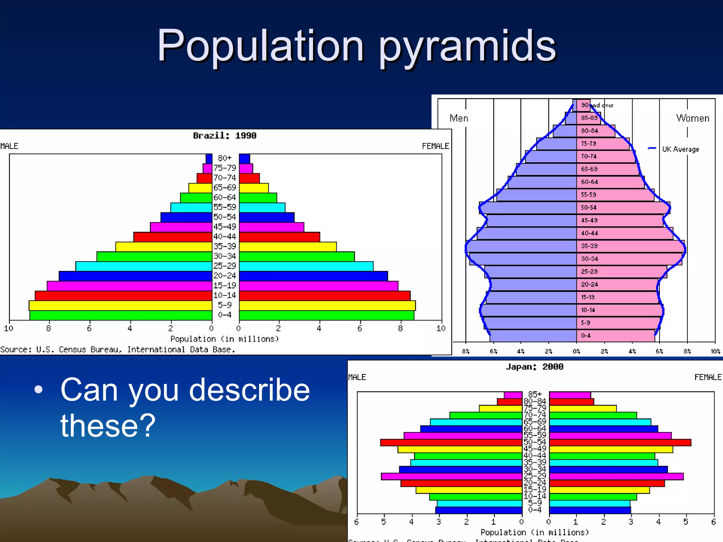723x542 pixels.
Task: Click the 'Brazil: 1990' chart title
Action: pyautogui.click(x=225, y=135)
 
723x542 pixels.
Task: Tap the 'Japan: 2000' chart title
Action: pyautogui.click(x=534, y=367)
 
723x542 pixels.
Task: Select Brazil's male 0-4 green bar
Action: pyautogui.click(x=121, y=315)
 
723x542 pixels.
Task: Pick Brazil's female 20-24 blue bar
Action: pyautogui.click(x=313, y=276)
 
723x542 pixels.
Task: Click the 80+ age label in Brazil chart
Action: pyautogui.click(x=225, y=158)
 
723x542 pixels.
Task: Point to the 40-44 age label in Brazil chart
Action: pyautogui.click(x=225, y=236)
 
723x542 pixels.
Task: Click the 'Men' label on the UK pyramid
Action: pyautogui.click(x=459, y=118)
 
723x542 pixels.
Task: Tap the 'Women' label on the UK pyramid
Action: pyautogui.click(x=692, y=118)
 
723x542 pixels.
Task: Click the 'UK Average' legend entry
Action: pyautogui.click(x=680, y=149)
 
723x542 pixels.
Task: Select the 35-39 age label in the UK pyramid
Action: pyautogui.click(x=589, y=246)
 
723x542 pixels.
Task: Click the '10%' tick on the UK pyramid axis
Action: pyautogui.click(x=715, y=351)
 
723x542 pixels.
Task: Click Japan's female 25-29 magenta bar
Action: pyautogui.click(x=616, y=476)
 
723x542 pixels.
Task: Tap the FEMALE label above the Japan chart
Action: pyautogui.click(x=707, y=377)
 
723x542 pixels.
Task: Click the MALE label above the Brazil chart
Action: pyautogui.click(x=9, y=146)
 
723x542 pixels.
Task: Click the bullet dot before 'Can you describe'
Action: pyautogui.click(x=38, y=390)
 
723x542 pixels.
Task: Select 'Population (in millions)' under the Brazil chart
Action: pyautogui.click(x=225, y=339)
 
